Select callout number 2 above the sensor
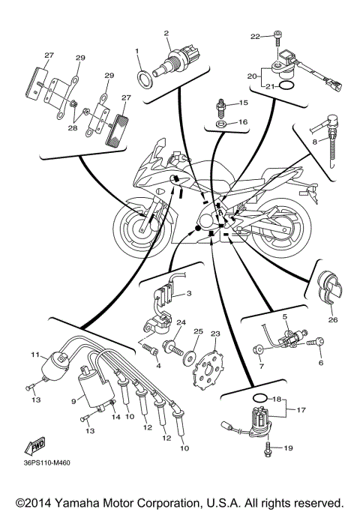[166, 33]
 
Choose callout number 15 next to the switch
[243, 103]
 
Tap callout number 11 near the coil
[34, 354]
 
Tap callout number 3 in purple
[189, 293]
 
